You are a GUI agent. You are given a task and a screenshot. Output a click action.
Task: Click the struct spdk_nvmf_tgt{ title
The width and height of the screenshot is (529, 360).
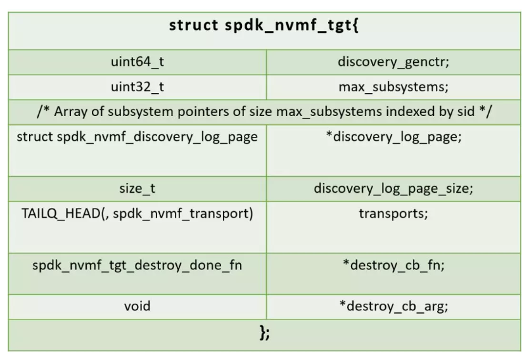[x=265, y=26]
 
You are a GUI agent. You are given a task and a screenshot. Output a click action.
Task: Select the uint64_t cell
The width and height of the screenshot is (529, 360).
[x=137, y=62]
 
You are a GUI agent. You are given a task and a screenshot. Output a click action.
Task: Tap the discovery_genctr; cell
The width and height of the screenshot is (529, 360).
[x=393, y=62]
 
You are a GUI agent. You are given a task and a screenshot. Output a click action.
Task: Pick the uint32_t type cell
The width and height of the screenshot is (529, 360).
[x=137, y=87]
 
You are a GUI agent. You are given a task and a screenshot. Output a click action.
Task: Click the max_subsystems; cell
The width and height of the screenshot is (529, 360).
[x=393, y=87]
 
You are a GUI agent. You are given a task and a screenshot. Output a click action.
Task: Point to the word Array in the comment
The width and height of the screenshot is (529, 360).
[x=73, y=112]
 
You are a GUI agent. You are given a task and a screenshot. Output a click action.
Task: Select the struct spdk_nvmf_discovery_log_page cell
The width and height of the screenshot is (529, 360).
[x=137, y=137]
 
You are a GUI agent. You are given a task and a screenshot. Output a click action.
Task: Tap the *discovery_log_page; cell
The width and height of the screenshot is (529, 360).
[x=393, y=137]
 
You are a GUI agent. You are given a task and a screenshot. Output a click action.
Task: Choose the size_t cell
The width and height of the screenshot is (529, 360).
[x=137, y=188]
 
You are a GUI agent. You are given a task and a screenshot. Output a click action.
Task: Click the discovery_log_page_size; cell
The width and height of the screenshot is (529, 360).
[x=393, y=188]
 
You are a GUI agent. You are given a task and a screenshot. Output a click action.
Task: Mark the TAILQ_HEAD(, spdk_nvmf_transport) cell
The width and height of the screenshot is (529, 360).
[x=137, y=214]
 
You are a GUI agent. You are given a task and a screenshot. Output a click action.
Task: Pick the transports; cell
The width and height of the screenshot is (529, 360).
[x=393, y=214]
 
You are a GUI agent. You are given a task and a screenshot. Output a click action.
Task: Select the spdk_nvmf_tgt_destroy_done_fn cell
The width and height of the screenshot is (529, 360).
[x=137, y=265]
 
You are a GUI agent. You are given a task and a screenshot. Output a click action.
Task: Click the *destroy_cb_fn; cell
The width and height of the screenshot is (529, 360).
[x=393, y=265]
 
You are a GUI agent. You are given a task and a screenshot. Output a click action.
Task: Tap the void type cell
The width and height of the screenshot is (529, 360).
[x=137, y=306]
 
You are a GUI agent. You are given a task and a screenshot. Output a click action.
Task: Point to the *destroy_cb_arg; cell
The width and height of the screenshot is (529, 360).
[x=393, y=306]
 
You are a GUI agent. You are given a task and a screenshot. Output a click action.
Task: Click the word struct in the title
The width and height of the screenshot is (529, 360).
[x=189, y=26]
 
